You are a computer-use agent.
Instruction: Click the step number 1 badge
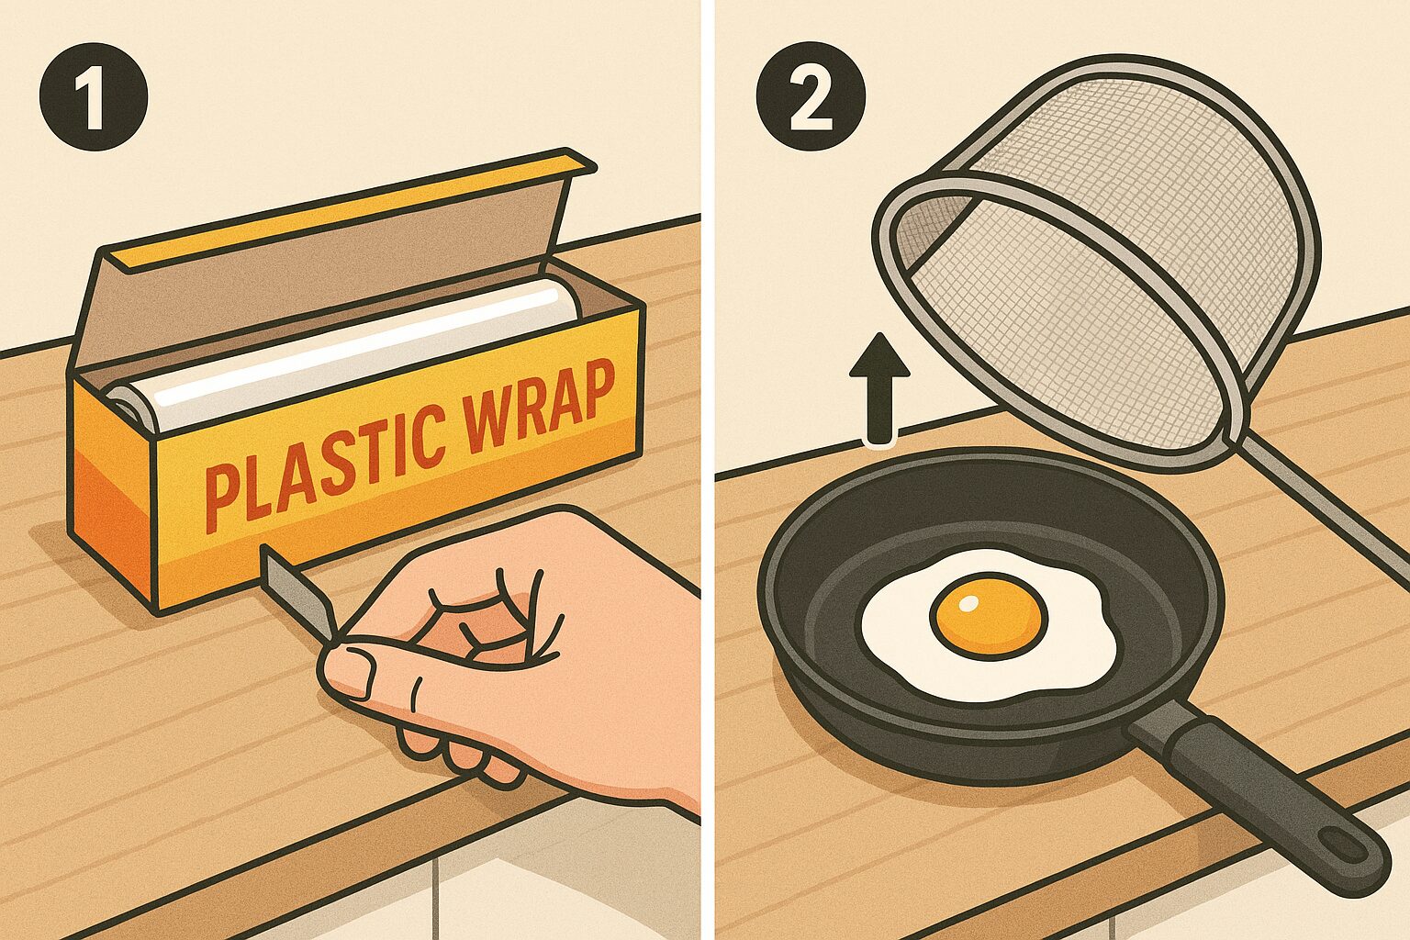pyautogui.click(x=94, y=96)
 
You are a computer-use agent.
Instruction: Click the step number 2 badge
pyautogui.click(x=811, y=96)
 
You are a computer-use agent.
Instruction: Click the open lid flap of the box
pyautogui.click(x=328, y=264)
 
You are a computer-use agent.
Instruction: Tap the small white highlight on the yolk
pyautogui.click(x=968, y=603)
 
